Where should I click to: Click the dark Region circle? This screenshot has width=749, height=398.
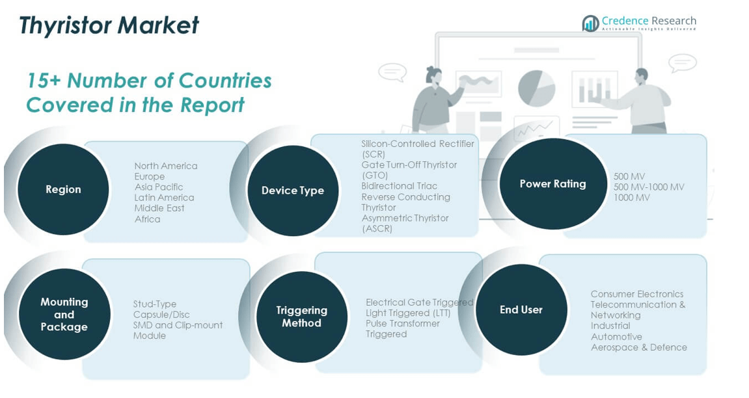[63, 189]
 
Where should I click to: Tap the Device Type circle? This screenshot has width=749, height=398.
[293, 191]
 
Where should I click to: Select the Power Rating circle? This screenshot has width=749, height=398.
[552, 184]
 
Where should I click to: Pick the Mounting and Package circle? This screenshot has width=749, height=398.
[64, 314]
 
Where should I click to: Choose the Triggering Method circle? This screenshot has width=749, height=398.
[302, 317]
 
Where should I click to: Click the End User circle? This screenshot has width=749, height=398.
[522, 310]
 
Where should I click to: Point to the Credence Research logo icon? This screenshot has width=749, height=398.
[590, 23]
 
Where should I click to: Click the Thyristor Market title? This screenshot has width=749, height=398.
[109, 25]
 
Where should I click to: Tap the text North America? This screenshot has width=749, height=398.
[166, 166]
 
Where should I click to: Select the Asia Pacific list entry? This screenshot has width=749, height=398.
[159, 187]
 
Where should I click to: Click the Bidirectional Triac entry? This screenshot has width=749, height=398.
[400, 186]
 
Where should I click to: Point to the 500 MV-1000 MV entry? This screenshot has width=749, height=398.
[649, 187]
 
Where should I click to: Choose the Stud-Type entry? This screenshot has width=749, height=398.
[155, 304]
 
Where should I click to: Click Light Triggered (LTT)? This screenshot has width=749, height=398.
[408, 313]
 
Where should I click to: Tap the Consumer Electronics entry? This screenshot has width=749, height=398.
[636, 294]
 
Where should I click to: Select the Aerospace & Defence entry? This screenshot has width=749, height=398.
[638, 347]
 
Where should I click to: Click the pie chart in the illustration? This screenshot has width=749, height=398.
[536, 88]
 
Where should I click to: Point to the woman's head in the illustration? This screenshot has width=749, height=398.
[434, 74]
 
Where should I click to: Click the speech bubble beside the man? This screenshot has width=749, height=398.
[683, 63]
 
